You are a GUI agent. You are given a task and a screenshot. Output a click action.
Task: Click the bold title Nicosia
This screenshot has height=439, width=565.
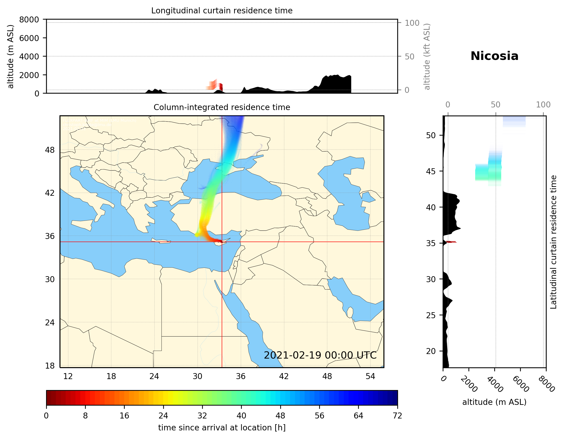[494, 56]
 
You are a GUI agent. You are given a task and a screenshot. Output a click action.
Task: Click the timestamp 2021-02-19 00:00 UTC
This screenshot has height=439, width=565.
[320, 355]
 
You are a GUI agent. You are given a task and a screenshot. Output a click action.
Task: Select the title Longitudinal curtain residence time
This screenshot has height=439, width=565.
[222, 11]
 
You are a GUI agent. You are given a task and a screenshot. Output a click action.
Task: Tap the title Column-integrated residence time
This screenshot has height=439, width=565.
[222, 107]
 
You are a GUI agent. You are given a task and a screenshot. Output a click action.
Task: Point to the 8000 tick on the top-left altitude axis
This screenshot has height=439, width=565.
[29, 20]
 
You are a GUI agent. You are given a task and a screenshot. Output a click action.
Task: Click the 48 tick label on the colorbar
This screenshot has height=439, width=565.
[280, 416]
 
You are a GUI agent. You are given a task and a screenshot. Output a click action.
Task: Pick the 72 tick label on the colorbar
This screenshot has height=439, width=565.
[397, 416]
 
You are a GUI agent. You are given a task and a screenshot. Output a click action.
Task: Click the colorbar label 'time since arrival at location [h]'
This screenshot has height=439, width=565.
[222, 428]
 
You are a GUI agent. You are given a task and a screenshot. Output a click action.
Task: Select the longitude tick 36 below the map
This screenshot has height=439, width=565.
[241, 376]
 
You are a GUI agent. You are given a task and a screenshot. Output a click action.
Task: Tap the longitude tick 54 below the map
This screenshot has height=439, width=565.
[370, 376]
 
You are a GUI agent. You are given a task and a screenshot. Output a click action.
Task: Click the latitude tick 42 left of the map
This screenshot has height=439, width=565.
[50, 193]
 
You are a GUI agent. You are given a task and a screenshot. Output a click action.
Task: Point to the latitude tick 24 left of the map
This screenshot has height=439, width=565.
[50, 323]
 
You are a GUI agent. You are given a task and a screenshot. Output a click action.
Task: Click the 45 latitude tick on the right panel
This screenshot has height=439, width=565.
[431, 171]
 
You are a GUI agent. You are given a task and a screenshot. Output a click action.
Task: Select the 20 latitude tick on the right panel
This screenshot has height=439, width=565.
[431, 351]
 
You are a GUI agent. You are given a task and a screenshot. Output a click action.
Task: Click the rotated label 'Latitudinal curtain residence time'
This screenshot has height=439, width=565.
[553, 242]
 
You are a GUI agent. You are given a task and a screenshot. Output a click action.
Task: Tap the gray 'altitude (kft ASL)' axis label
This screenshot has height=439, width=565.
[427, 57]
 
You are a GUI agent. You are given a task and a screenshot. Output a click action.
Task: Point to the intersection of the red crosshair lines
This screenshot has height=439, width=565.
[222, 242]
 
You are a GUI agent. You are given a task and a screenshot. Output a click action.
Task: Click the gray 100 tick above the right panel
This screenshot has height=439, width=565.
[543, 105]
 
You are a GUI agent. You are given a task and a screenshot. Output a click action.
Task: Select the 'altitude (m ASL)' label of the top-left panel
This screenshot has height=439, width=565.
[10, 57]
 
